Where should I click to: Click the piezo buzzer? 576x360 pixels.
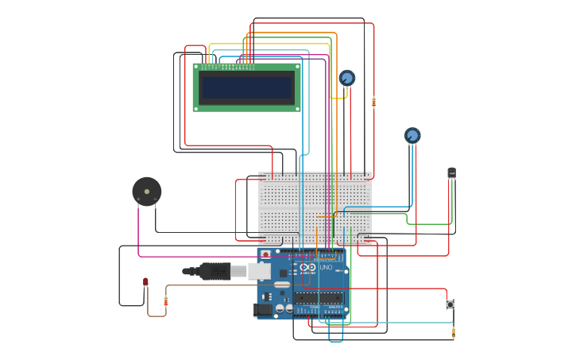pos(147,192)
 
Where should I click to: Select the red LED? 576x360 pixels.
pos(145,282)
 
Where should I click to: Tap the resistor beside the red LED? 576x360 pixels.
pos(165,300)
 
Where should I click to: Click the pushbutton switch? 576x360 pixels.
pos(450,304)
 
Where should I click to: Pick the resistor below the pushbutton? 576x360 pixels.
pos(454,331)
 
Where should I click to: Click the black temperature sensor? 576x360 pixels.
pos(451,172)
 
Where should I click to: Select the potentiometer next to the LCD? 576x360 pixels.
pos(346,78)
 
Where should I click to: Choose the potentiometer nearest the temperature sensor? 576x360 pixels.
pos(412,136)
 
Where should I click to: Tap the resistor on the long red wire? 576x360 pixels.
pos(373,102)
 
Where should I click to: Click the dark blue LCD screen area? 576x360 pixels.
pos(246,87)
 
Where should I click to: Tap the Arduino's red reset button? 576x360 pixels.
pos(265,254)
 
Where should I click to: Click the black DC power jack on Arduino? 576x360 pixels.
pos(262,310)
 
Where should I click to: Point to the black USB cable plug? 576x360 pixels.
pos(215,271)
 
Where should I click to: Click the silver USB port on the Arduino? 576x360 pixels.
pos(259,271)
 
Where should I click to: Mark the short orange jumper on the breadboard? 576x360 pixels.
pos(325,216)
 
